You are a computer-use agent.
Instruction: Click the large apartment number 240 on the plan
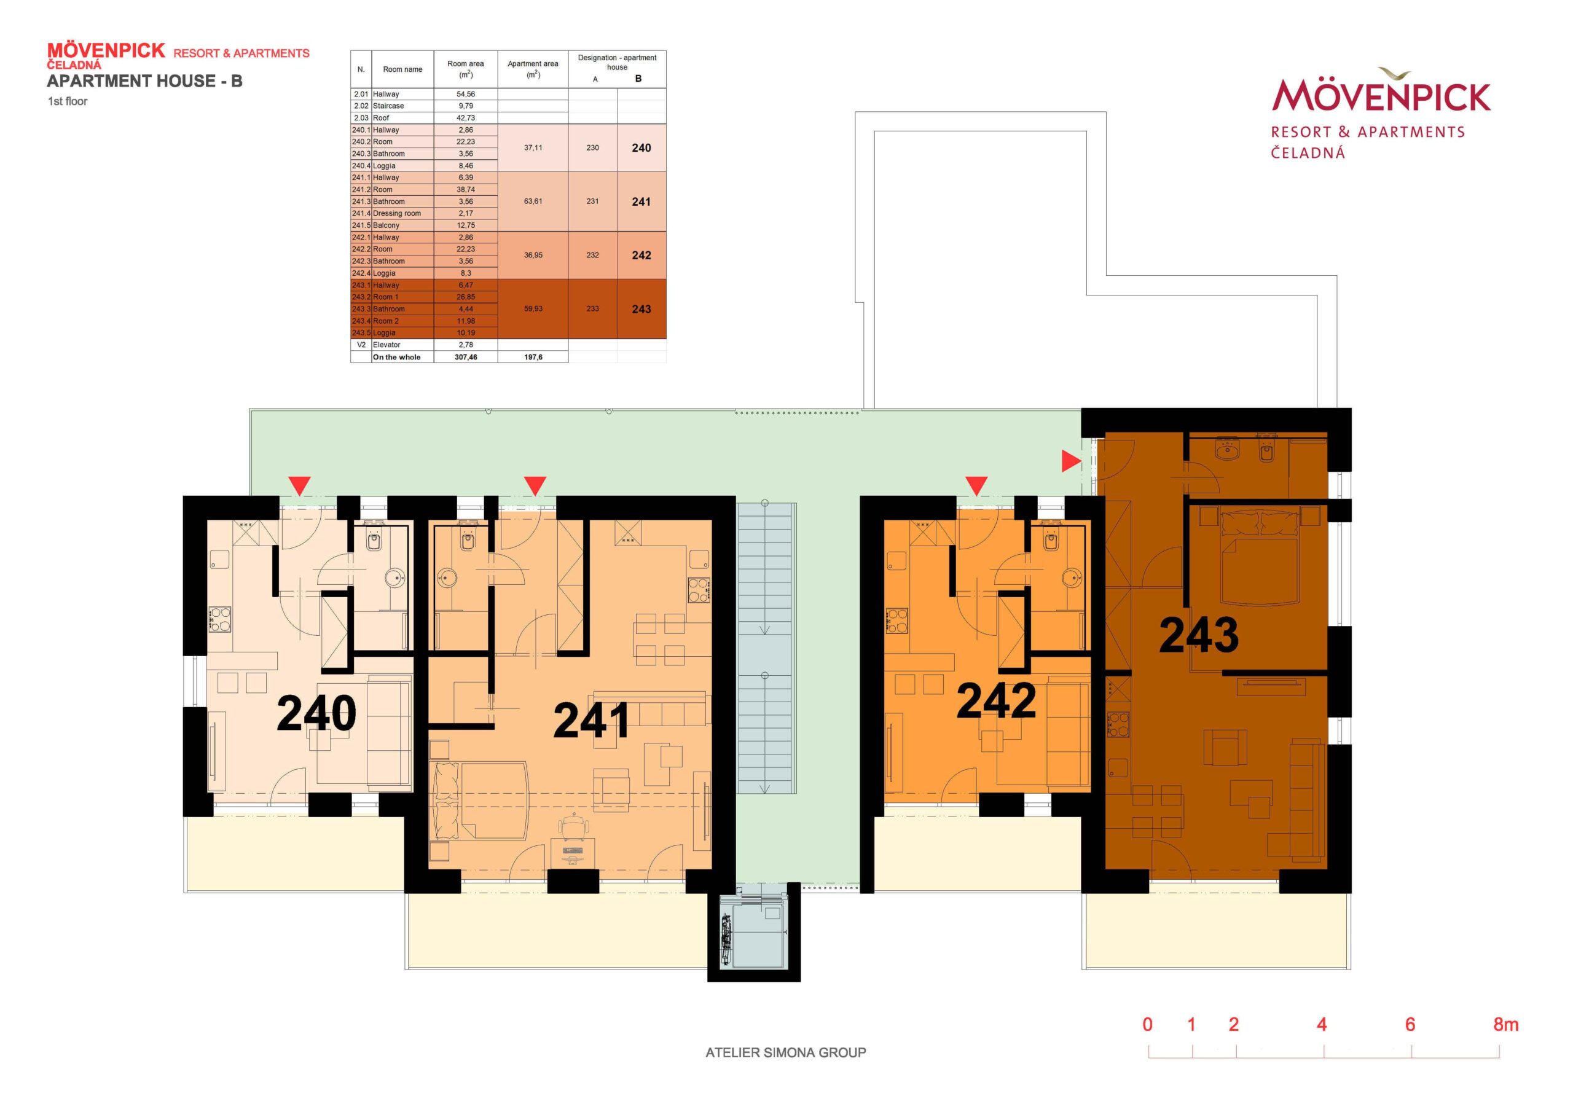(316, 713)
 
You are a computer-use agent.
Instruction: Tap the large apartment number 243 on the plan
(1199, 635)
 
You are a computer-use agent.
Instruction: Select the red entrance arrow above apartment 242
(976, 485)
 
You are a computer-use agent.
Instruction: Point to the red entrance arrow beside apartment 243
(1071, 461)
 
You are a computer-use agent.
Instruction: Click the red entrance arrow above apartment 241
(535, 485)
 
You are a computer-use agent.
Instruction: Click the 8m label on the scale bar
(1506, 1024)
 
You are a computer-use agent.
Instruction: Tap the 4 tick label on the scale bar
(1322, 1024)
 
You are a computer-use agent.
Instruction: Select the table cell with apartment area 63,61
(533, 202)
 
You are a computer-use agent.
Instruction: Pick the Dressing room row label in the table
(397, 214)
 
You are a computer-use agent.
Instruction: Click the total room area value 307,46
(466, 357)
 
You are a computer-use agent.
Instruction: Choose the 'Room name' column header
(403, 69)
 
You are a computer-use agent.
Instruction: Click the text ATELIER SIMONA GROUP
(786, 1052)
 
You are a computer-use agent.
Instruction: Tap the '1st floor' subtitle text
(67, 101)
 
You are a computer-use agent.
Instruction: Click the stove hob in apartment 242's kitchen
(896, 621)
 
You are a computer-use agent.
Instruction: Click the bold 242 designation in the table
(641, 256)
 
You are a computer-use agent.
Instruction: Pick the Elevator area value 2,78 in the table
(466, 345)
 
